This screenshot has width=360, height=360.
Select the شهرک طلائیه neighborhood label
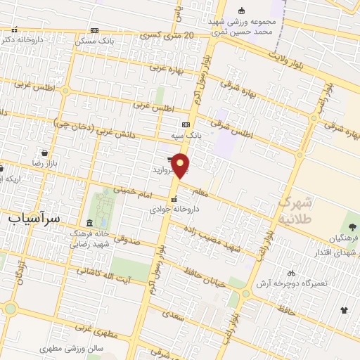tap(295, 209)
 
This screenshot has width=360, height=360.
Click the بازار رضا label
tap(46, 162)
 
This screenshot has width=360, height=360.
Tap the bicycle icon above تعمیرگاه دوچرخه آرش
tap(291, 272)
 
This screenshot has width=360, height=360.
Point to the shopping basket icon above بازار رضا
tap(45, 152)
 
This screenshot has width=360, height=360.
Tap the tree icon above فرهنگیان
tap(352, 226)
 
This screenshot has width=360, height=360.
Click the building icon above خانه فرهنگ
tap(89, 222)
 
